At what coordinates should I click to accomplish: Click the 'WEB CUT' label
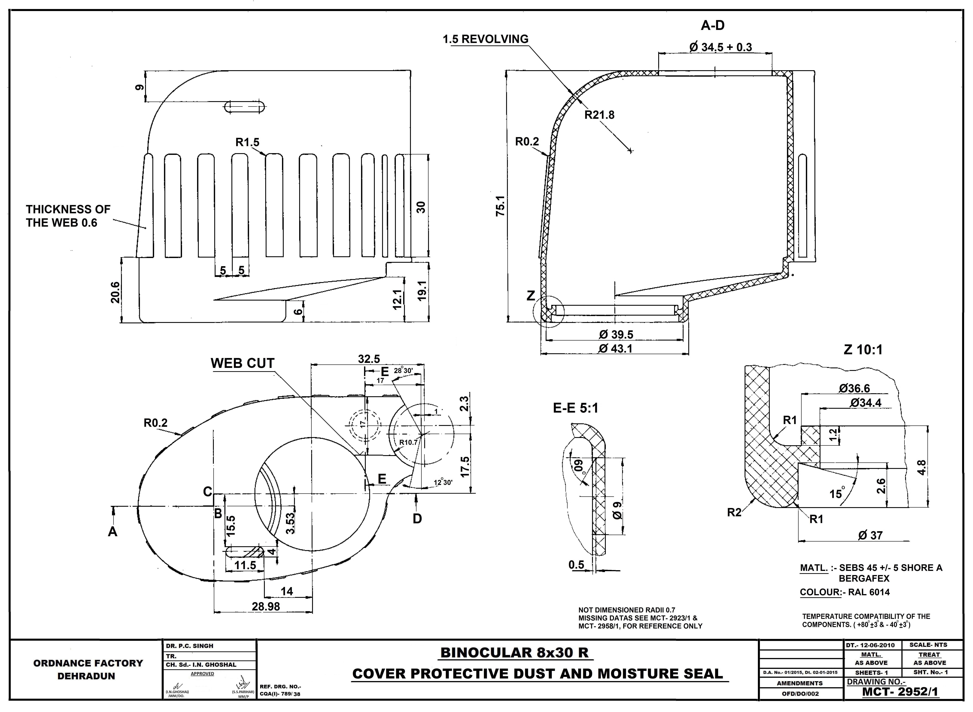242,363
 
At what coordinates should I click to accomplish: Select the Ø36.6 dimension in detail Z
854,388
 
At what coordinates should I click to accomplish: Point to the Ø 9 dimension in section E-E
618,511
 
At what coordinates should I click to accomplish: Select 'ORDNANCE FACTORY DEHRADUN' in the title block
88,669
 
